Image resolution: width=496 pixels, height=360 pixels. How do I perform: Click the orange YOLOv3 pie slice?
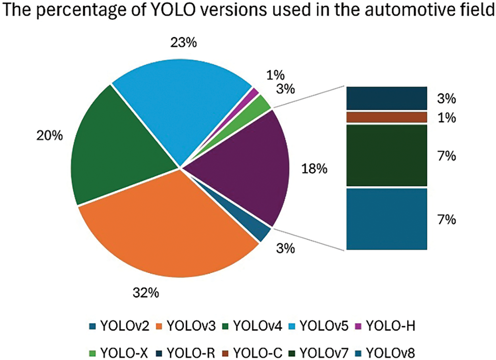click(167, 230)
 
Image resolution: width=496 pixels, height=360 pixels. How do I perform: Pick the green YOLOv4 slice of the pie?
click(115, 155)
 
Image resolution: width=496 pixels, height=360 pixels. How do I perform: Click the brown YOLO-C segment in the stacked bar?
click(386, 117)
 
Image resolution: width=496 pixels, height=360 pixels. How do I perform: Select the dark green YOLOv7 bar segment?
click(386, 155)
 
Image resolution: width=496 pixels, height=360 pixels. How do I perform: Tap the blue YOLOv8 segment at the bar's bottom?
click(386, 219)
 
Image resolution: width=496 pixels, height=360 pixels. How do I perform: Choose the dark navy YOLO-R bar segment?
click(386, 98)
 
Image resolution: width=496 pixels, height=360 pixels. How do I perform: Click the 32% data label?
click(146, 293)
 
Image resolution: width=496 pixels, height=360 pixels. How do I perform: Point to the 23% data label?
click(183, 42)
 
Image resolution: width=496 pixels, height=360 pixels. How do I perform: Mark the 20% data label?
click(50, 136)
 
